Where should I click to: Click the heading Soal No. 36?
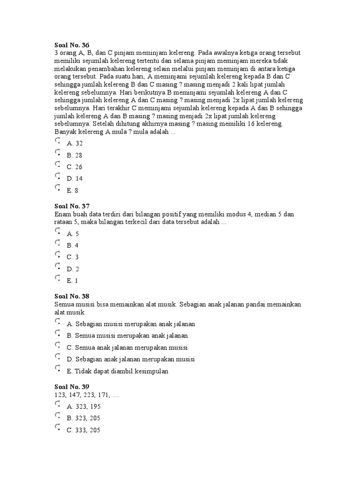(72, 45)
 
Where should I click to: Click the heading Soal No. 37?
(72, 206)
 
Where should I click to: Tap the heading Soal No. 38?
(72, 297)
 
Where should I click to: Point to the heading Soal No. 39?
(72, 387)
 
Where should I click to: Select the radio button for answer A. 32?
(57, 141)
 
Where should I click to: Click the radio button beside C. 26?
(57, 165)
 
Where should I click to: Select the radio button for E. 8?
(57, 188)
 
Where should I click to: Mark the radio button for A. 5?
(57, 231)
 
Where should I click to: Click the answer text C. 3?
(73, 257)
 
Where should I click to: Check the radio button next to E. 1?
(57, 278)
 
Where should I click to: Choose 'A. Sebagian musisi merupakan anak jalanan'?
(131, 324)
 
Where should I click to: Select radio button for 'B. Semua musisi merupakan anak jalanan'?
(57, 333)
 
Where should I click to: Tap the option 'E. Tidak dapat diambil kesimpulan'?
(117, 371)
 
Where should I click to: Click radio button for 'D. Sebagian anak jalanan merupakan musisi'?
(57, 357)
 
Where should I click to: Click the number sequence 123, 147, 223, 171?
(87, 395)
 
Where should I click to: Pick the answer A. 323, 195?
(83, 406)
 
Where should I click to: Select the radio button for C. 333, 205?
(57, 427)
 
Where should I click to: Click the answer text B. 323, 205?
(83, 418)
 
